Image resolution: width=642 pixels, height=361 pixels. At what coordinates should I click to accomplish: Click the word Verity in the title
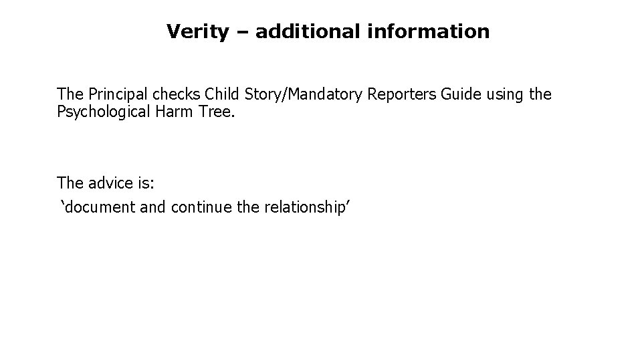click(x=197, y=31)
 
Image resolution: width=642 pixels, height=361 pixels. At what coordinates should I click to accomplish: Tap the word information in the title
click(x=428, y=31)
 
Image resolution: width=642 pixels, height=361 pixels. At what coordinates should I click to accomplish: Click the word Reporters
click(x=403, y=95)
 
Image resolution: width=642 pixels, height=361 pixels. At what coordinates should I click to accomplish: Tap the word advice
click(x=109, y=183)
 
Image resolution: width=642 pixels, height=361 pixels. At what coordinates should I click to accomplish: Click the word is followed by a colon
click(x=146, y=183)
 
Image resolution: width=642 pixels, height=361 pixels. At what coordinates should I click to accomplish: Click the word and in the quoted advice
click(x=153, y=208)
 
